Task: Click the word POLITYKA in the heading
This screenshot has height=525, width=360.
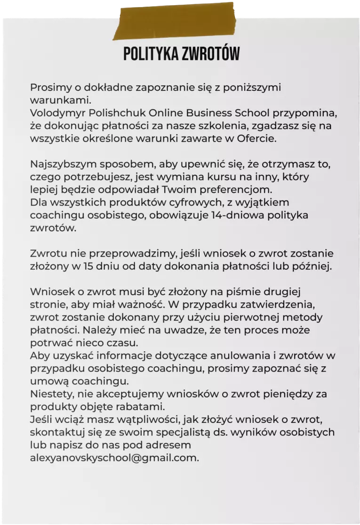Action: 151,54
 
